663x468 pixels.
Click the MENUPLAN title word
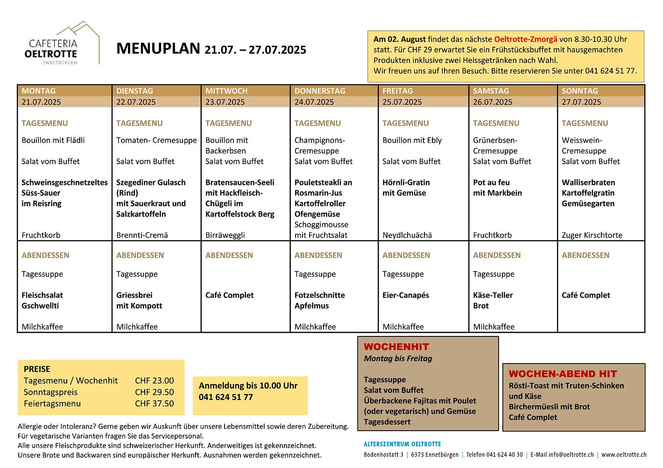pos(158,49)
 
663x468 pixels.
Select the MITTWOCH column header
pos(226,91)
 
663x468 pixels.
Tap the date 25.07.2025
pos(402,102)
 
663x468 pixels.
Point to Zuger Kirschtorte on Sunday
pos(592,235)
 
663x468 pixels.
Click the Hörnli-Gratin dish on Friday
pos(406,182)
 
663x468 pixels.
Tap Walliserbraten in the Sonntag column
pos(588,182)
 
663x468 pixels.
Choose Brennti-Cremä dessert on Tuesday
pos(142,235)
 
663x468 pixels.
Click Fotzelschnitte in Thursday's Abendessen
pos(319,295)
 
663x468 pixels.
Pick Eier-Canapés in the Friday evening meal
pos(405,295)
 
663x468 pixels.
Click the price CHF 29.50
pos(154,392)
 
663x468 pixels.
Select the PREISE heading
pos(37,369)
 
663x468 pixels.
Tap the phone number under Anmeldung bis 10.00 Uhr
pos(226,398)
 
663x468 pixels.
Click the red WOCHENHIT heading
pos(396,347)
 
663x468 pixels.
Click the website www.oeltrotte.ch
pos(624,454)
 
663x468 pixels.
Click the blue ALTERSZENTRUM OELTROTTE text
pos(402,444)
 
